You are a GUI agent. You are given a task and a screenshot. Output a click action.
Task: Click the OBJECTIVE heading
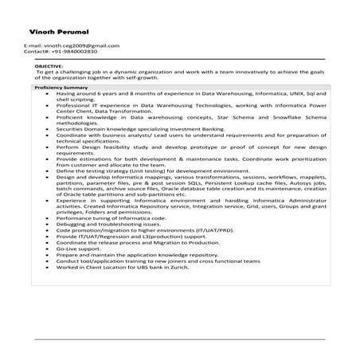click(x=49, y=66)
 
